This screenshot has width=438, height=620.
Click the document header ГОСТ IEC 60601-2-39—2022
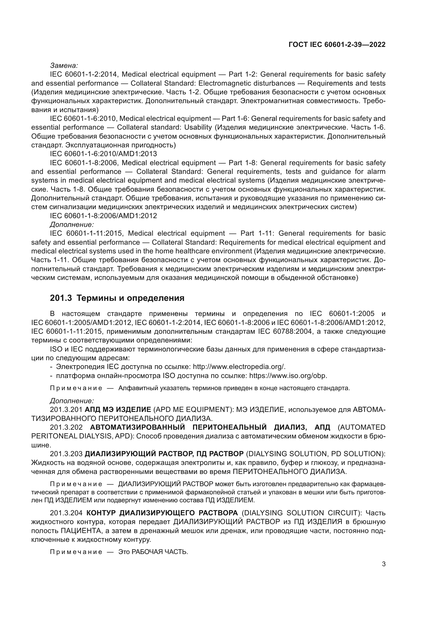[337, 45]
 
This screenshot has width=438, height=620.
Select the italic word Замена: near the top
[64, 65]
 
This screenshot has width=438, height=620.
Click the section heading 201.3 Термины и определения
[117, 298]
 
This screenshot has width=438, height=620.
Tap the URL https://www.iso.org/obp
[288, 376]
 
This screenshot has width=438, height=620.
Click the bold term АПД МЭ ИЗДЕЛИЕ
[118, 410]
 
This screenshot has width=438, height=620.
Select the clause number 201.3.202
[66, 427]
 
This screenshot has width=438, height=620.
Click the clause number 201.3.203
[66, 454]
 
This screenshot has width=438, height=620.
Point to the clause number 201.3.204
[66, 513]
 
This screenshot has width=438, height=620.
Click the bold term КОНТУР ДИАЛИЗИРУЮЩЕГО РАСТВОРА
[162, 513]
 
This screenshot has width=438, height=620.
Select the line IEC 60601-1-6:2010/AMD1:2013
[103, 154]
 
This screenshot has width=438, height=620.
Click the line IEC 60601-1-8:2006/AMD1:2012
[103, 216]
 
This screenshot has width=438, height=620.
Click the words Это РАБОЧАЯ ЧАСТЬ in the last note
[153, 552]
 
